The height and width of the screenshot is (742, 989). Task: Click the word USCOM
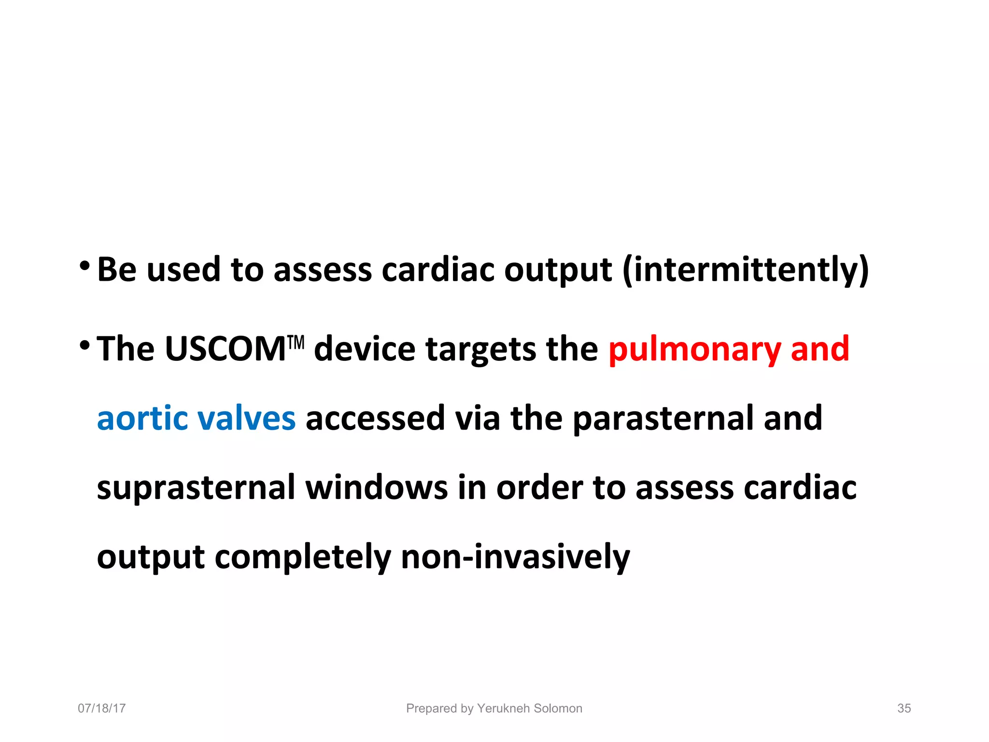[225, 349]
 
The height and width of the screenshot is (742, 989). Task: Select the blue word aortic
[142, 418]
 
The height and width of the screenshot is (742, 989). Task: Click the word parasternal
[663, 418]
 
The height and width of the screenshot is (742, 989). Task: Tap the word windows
[377, 488]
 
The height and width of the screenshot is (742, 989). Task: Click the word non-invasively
[515, 556]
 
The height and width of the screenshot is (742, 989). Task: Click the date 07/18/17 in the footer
[102, 708]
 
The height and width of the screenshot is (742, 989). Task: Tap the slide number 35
[904, 708]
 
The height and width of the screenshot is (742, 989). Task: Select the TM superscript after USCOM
[296, 342]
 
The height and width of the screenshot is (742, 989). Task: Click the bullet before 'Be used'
[85, 266]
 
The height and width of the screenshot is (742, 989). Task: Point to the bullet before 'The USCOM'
[85, 345]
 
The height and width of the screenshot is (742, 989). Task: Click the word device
[365, 349]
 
